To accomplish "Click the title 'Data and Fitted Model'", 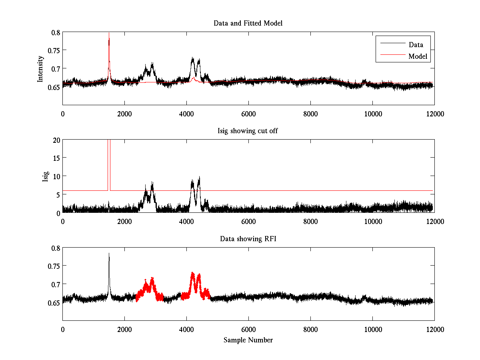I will pos(248,23).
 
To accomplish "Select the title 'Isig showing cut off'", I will pos(248,131).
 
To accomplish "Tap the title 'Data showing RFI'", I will pos(248,239).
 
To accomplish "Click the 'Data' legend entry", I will pos(416,45).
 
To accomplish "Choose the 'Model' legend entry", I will pos(418,56).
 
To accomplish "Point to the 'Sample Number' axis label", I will pos(248,340).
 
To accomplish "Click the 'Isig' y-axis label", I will pos(46,176).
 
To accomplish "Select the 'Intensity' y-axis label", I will pos(40,69).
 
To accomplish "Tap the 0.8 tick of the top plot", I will pos(55,32).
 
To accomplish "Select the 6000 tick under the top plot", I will pos(248,114).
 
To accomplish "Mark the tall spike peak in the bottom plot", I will pos(109,253).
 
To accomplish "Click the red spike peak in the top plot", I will pos(109,33).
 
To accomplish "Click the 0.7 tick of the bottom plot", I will pos(55,284).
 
